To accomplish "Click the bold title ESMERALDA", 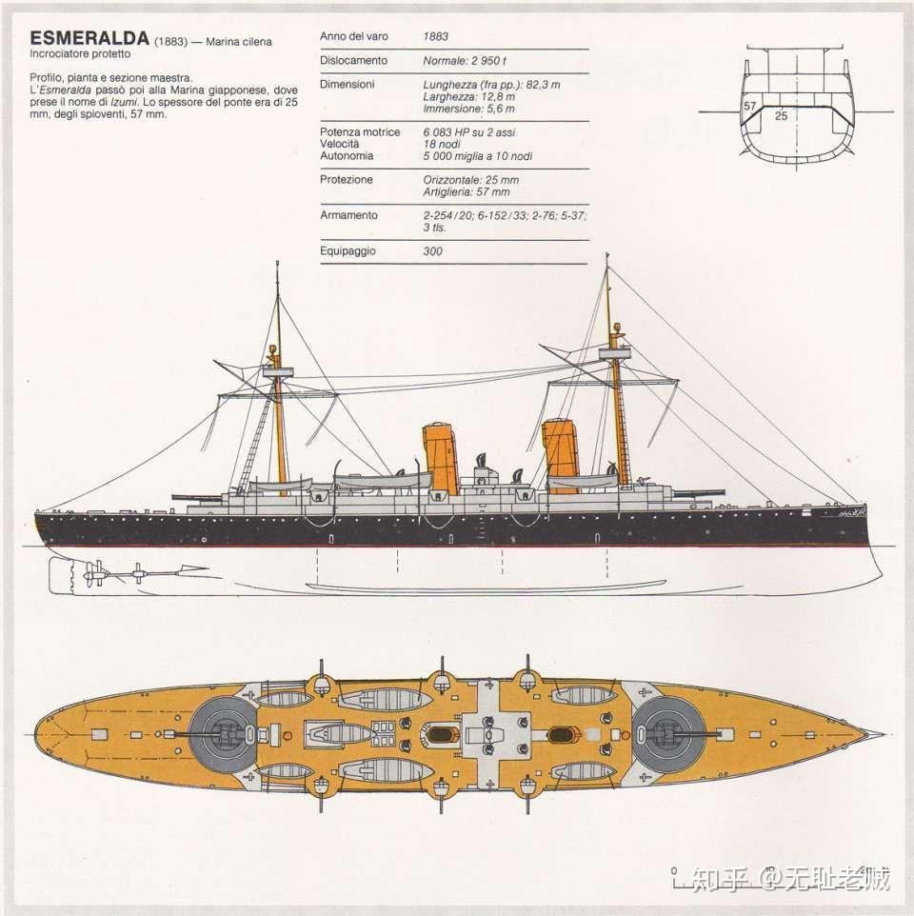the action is (89, 38).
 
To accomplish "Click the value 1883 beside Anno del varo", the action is (436, 36).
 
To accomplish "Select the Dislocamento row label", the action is (353, 60).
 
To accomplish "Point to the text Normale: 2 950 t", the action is (465, 61).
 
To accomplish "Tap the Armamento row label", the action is (348, 215).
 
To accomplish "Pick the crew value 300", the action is (433, 251).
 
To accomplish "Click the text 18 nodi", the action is (442, 144).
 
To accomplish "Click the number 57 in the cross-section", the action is (750, 107).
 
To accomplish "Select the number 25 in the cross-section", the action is (782, 115).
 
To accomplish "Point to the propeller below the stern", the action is (93, 573).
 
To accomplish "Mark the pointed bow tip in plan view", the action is (883, 734).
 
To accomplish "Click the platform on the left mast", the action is (277, 371).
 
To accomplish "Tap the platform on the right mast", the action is (614, 352).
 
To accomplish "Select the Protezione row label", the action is (347, 179).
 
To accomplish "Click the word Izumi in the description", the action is (124, 102).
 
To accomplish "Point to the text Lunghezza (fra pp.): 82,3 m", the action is (491, 85).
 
